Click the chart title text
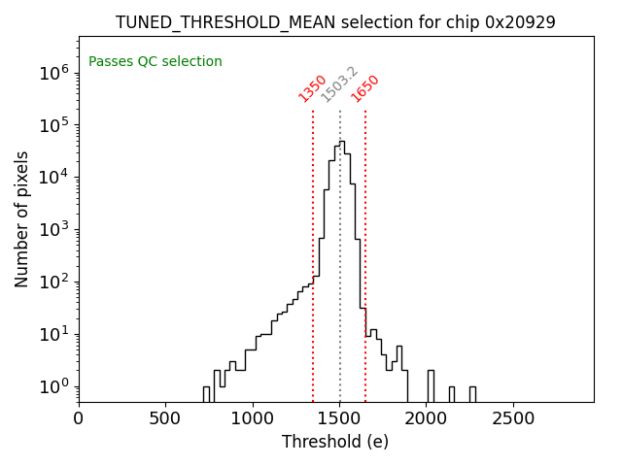click(335, 22)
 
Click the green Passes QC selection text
click(155, 62)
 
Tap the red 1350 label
click(312, 88)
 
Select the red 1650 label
click(365, 88)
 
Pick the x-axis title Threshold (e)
click(335, 442)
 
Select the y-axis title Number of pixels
click(21, 218)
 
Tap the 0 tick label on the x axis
click(79, 418)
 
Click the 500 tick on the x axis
click(165, 418)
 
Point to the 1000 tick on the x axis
click(253, 418)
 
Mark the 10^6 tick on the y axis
click(52, 73)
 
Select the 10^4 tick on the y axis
click(52, 178)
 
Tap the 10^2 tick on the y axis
click(52, 283)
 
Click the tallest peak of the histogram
click(342, 142)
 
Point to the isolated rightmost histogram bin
click(472, 394)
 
